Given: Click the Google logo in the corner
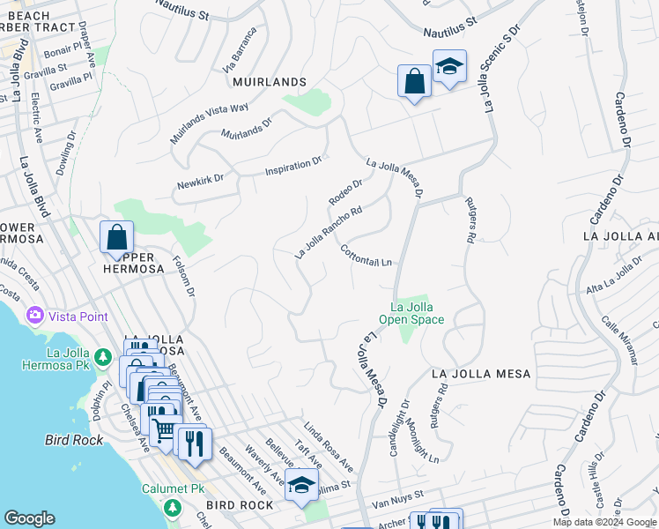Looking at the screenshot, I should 29,518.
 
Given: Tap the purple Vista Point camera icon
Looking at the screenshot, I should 35,316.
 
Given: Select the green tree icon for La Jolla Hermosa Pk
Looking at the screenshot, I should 103,358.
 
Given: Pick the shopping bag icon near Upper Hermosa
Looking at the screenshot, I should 116,237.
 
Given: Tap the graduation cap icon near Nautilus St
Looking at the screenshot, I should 449,67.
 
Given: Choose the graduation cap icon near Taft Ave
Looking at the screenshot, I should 301,486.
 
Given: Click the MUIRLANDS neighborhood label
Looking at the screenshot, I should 269,82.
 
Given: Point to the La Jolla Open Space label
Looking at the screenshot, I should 411,313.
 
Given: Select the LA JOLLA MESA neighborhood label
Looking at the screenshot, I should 481,374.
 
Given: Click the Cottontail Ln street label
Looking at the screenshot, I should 366,256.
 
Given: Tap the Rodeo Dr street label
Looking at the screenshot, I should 345,192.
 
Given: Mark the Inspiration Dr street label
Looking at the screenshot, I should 294,165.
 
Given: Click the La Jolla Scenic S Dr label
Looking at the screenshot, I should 501,66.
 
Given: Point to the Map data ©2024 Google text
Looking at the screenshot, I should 604,522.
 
